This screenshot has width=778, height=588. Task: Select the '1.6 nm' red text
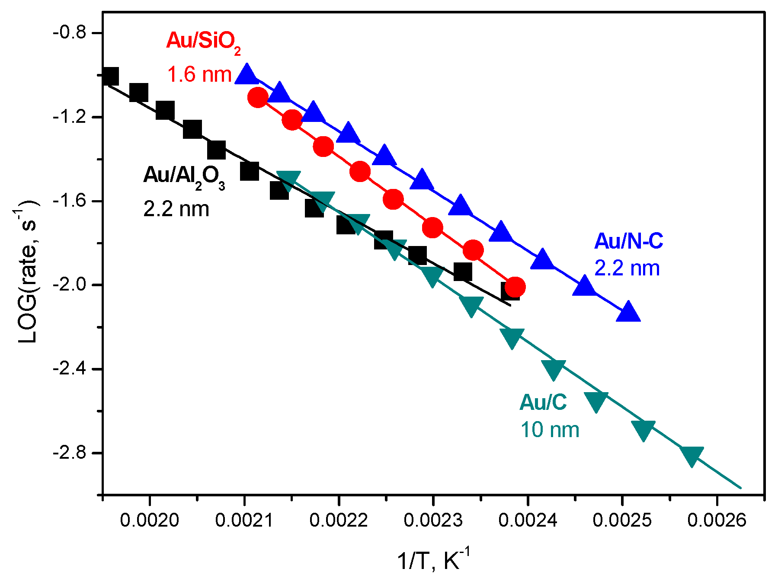point(199,75)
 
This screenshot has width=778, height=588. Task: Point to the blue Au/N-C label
point(628,241)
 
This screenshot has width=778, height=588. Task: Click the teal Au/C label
point(543,403)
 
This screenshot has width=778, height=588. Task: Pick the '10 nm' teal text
point(549,430)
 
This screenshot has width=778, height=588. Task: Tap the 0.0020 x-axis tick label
point(150,520)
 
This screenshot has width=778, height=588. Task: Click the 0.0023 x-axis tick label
point(433,520)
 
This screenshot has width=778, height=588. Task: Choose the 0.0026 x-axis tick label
point(717,520)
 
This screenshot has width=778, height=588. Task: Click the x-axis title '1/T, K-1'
point(433,561)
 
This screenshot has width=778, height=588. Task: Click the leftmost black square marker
point(110,76)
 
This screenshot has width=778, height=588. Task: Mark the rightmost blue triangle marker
point(628,312)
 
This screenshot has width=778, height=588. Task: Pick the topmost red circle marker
point(258,97)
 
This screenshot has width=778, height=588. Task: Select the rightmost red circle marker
point(515,286)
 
